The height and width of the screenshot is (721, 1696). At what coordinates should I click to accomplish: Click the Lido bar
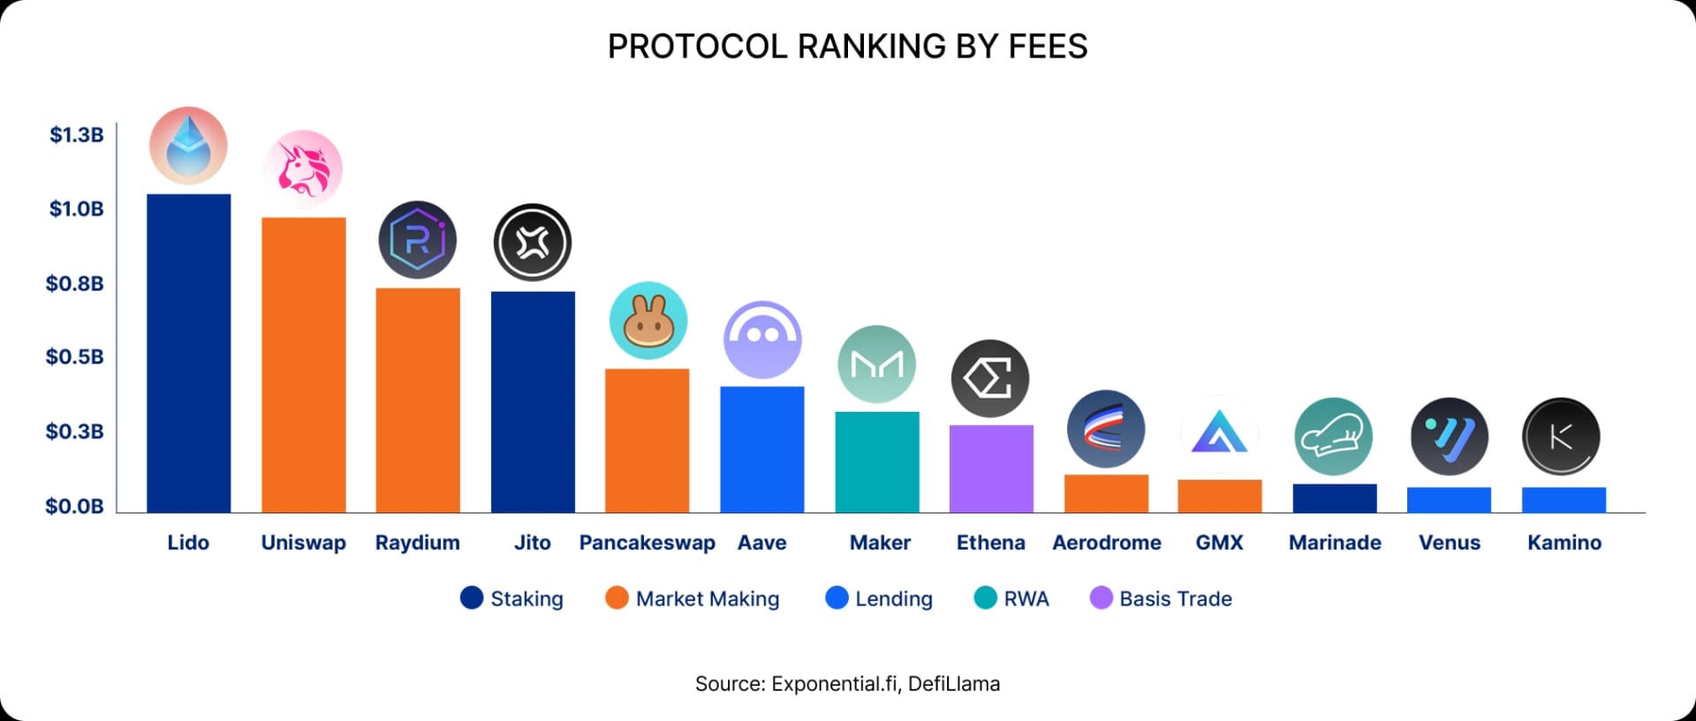tap(188, 353)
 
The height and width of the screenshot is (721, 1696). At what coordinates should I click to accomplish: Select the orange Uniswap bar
tap(303, 365)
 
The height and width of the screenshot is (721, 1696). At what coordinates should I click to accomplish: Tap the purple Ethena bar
tap(991, 468)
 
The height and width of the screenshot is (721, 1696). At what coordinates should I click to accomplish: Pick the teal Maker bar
tap(877, 462)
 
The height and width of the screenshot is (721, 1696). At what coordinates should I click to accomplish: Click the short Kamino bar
tap(1563, 500)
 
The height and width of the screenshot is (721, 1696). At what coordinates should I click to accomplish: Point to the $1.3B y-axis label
tap(76, 135)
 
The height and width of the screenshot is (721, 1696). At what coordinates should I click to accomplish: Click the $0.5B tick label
tap(75, 357)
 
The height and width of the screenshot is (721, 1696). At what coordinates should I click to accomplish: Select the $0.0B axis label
tap(75, 506)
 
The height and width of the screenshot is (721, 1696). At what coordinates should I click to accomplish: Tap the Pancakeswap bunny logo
tap(648, 321)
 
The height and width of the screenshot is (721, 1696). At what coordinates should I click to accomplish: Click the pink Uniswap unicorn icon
tap(303, 169)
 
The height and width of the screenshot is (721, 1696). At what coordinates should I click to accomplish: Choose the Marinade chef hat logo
tap(1334, 436)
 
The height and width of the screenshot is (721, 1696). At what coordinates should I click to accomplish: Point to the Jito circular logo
tap(533, 242)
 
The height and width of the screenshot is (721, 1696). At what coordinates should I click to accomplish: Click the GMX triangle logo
tap(1219, 434)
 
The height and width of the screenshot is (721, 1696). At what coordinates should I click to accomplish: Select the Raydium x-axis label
tap(418, 543)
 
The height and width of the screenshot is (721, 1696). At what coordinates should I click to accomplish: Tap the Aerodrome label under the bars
tap(1107, 543)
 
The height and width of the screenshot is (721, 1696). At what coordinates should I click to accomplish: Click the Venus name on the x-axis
tap(1450, 543)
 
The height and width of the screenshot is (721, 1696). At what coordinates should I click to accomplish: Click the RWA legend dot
tap(985, 598)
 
